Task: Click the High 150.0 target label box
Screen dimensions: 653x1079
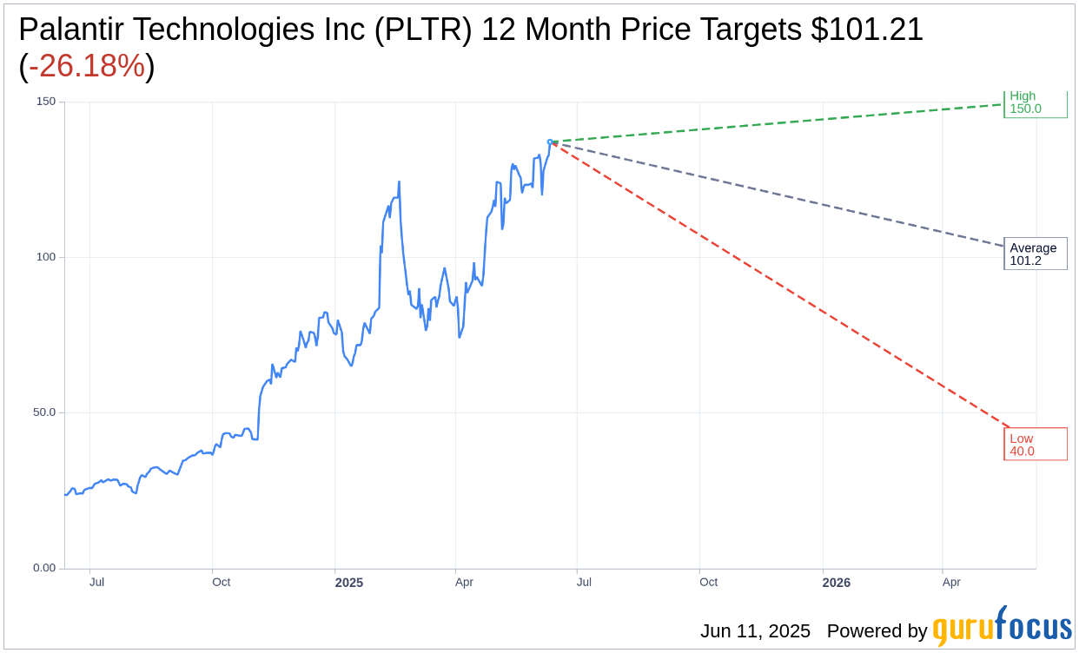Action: [x=1035, y=103]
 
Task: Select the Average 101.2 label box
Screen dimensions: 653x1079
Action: [x=1035, y=254]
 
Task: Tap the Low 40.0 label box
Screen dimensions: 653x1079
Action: [x=1035, y=444]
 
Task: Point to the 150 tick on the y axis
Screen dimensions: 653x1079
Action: [x=45, y=102]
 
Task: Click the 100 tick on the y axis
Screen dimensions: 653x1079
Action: [x=45, y=257]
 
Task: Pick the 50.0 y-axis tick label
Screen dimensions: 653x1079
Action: [x=43, y=412]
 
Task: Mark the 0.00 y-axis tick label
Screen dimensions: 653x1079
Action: [x=43, y=568]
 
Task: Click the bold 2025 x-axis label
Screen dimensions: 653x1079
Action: [x=349, y=583]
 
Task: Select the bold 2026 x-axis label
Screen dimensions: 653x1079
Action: [x=837, y=583]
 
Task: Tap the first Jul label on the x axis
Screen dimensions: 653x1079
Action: [x=96, y=582]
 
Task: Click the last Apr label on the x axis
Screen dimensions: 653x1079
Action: [x=951, y=582]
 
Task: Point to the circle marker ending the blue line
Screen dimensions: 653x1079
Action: [x=550, y=142]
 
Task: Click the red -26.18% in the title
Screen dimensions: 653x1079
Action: [x=87, y=66]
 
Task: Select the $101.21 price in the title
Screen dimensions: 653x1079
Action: [x=866, y=30]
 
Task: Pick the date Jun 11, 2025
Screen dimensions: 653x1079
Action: [x=755, y=631]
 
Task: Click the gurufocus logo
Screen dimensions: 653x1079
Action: [x=1002, y=627]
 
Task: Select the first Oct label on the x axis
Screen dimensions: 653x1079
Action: [x=221, y=582]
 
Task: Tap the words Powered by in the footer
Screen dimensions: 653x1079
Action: [x=877, y=631]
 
